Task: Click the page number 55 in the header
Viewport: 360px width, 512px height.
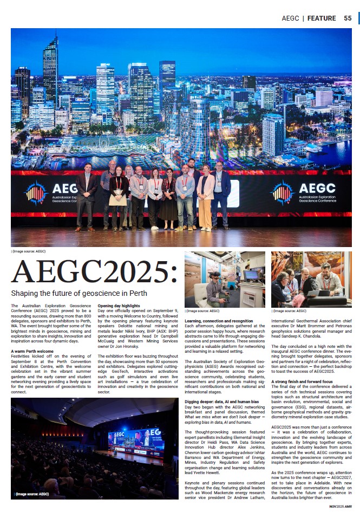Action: [x=348, y=18]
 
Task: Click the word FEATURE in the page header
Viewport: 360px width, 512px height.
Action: [x=322, y=18]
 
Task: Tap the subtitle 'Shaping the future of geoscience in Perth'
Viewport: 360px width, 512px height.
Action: [x=75, y=294]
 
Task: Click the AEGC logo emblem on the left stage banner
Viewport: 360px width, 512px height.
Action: [x=36, y=193]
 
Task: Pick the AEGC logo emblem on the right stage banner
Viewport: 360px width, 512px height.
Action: [x=283, y=193]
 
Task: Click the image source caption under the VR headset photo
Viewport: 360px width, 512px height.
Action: [x=203, y=311]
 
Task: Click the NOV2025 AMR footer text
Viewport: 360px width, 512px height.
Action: [x=340, y=506]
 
